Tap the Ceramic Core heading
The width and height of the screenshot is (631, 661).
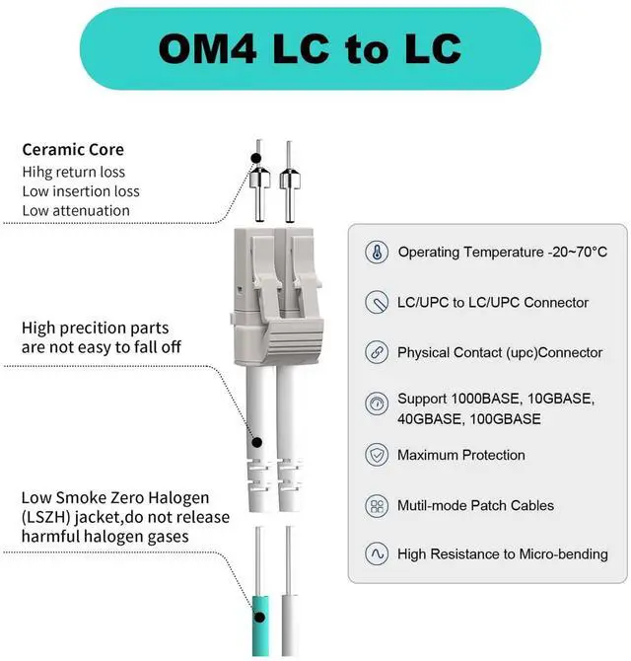click(73, 150)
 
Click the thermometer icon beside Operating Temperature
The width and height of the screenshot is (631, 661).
click(376, 252)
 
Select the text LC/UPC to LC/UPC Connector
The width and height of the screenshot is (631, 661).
click(493, 302)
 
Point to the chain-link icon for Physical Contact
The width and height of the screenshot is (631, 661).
click(376, 352)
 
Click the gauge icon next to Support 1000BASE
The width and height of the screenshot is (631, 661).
click(376, 404)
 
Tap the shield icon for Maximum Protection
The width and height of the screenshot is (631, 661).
click(376, 455)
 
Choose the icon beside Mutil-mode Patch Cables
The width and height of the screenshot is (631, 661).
click(376, 505)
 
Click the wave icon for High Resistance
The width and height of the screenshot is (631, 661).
click(376, 554)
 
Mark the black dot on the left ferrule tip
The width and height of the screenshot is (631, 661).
click(256, 157)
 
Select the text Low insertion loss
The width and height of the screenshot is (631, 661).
click(81, 191)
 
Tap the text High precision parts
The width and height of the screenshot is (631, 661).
click(95, 329)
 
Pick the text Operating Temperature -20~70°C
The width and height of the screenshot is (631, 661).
click(502, 252)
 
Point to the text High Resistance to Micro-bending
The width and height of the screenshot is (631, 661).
click(502, 554)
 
